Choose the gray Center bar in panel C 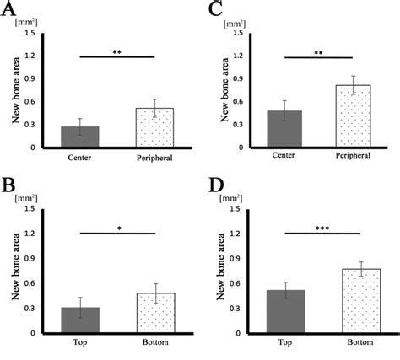click(x=284, y=129)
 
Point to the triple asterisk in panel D click(x=322, y=227)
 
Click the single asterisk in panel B click(x=118, y=228)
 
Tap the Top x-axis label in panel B click(x=80, y=343)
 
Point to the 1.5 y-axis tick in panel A click(x=30, y=33)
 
